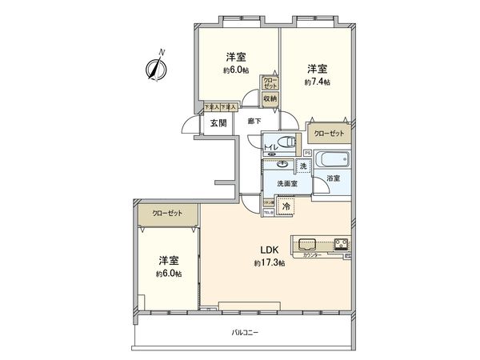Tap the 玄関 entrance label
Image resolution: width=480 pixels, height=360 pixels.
coord(218,123)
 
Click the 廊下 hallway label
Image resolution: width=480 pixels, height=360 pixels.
coord(254,121)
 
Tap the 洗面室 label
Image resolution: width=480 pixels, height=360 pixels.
coord(286,184)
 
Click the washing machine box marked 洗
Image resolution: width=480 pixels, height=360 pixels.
coord(303,166)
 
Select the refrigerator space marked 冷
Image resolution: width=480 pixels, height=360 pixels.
coord(286,204)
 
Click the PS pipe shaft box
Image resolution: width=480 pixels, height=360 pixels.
coord(307,152)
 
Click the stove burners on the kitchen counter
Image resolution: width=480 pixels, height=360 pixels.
coord(339,242)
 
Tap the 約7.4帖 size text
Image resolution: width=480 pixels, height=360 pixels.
coord(316,82)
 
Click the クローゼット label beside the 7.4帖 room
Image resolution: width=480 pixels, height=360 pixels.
coord(328,133)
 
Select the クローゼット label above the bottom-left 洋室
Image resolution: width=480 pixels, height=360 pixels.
coord(166,214)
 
